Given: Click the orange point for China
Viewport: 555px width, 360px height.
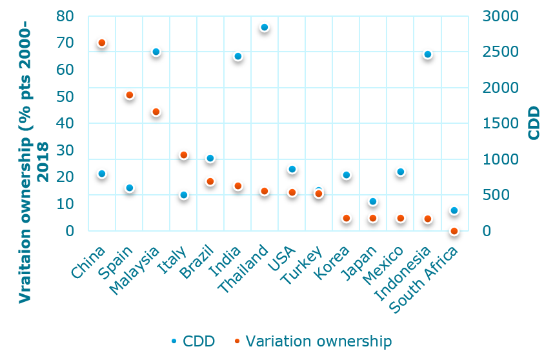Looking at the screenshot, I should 101,43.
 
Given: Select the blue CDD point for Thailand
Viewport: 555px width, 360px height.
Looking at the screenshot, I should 265,28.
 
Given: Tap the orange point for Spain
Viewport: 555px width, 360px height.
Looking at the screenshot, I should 129,95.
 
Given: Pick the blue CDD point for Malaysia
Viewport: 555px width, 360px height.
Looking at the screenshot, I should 156,52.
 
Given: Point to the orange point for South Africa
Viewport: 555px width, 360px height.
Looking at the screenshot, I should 454,231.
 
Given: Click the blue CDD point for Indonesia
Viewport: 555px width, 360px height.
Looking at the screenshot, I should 427,55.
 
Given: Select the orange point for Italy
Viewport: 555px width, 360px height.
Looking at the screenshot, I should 183,155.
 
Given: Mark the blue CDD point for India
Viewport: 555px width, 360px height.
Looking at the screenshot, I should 237,57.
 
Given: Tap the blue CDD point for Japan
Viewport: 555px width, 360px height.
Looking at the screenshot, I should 372,202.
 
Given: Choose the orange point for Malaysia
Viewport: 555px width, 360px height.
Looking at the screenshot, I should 156,112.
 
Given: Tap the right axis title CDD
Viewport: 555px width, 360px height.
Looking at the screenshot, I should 534,123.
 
